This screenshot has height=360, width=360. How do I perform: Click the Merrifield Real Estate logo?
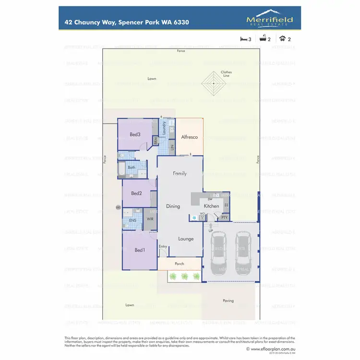269,19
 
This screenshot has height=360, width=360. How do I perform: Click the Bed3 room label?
135,134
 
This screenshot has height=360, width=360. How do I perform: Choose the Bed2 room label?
136,193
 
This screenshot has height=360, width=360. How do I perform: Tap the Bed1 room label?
139,250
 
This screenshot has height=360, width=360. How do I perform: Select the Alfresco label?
189,137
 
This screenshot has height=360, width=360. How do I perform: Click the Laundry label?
164,128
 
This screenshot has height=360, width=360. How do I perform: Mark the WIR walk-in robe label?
150,219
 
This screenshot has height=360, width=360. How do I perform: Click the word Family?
180,174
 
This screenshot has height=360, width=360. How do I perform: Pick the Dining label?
173,206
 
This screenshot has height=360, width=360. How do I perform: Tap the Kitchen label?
211,206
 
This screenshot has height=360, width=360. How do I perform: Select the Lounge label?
186,239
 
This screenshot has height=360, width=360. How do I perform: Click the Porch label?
179,264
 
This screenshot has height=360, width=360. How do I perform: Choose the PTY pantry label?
224,217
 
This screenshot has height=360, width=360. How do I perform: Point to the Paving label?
228,300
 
